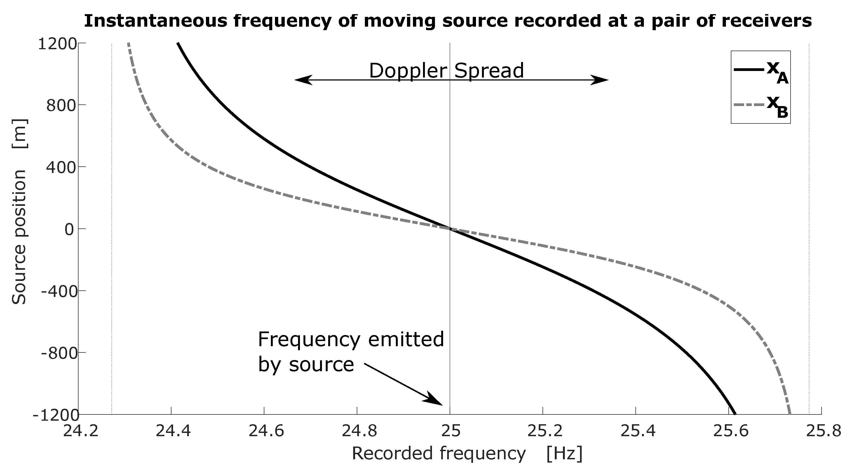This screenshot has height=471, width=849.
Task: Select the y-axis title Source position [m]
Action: (x=20, y=212)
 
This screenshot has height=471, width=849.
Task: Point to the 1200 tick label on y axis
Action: (x=57, y=44)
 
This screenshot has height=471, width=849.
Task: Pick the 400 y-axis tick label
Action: (x=61, y=167)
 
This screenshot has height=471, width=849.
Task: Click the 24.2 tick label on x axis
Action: (x=80, y=431)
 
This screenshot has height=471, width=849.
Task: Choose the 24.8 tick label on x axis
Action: (x=359, y=431)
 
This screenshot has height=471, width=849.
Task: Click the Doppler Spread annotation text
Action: (x=446, y=71)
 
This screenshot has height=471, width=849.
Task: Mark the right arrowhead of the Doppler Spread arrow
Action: (x=600, y=80)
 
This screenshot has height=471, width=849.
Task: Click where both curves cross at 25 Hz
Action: (x=450, y=229)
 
